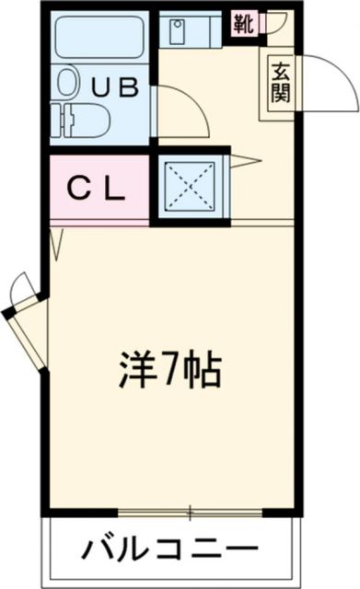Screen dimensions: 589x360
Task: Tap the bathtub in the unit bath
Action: pos(97,38)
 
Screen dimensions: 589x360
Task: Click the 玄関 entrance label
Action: pos(280,82)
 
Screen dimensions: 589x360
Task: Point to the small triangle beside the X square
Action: pos(245,163)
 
